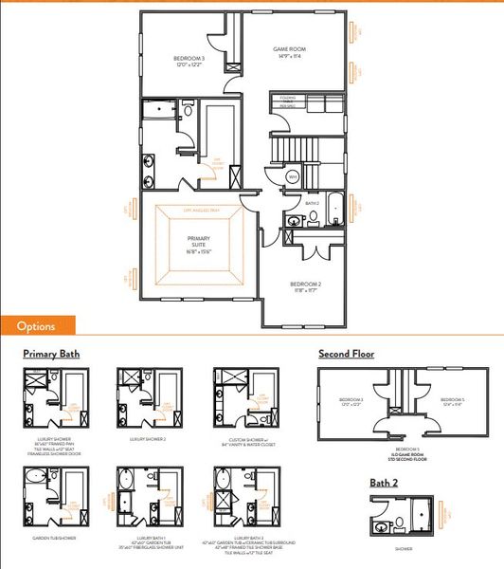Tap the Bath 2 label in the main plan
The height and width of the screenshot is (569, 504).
click(312, 203)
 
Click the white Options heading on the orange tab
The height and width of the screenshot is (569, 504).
click(36, 326)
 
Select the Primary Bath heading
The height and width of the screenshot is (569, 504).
click(51, 355)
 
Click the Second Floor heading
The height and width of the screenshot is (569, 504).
click(346, 354)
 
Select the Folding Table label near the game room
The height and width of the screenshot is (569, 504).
click(285, 101)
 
